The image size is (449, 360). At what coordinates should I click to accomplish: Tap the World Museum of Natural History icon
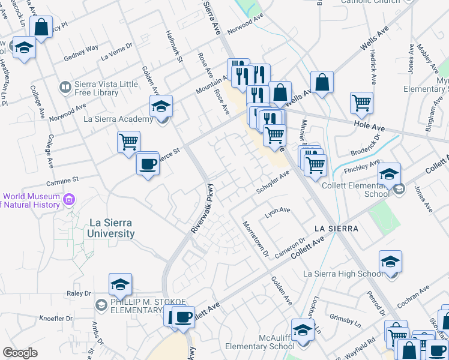coord(69,199)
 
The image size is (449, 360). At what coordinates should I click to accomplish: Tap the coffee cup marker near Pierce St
coord(147,164)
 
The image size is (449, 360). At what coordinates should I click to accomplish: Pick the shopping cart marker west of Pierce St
coord(128,142)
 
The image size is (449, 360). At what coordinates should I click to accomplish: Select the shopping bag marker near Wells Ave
coord(322,82)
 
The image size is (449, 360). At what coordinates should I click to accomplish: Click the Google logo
coord(20,353)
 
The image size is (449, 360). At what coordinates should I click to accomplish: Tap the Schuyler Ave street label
coord(273,181)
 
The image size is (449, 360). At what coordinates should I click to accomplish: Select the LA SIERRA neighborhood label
coord(336,229)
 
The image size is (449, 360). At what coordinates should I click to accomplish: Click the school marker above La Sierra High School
coord(390,262)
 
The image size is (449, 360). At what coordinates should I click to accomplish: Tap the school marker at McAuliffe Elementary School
coord(303,330)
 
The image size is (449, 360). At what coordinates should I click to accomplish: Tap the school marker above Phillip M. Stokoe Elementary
coord(120,284)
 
